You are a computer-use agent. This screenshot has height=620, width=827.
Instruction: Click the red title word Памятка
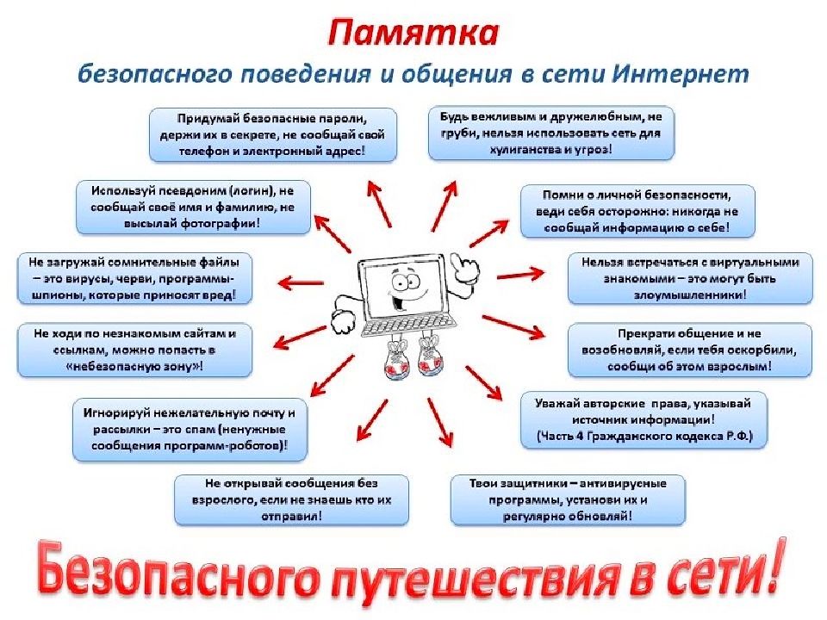(x=413, y=34)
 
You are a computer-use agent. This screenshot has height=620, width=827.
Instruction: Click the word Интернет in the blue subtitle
(x=681, y=73)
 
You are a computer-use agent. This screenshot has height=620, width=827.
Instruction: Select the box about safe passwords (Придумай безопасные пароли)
(x=273, y=135)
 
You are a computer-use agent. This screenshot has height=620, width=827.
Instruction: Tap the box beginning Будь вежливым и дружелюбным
(x=551, y=133)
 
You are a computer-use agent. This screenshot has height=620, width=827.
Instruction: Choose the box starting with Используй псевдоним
(x=193, y=208)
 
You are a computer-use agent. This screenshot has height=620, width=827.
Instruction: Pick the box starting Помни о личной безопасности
(x=637, y=211)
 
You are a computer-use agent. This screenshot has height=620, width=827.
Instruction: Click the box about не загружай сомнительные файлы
(x=134, y=279)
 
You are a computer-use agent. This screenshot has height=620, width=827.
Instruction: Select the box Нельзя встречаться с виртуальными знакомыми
(x=690, y=278)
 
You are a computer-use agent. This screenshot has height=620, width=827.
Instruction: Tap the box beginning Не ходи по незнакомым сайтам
(x=134, y=350)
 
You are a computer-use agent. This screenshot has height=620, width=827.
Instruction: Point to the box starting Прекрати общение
(x=690, y=350)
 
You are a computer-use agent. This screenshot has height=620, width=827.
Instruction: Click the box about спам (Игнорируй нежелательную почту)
(x=190, y=430)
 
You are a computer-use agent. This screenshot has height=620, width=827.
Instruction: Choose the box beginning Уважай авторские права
(x=644, y=419)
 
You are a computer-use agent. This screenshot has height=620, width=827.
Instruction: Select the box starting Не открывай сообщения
(x=292, y=499)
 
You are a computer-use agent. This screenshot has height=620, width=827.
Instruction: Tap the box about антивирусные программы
(x=568, y=499)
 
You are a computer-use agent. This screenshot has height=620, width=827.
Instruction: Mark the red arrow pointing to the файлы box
(x=302, y=283)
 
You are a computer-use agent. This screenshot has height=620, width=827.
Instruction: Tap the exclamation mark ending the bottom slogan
(x=771, y=564)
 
